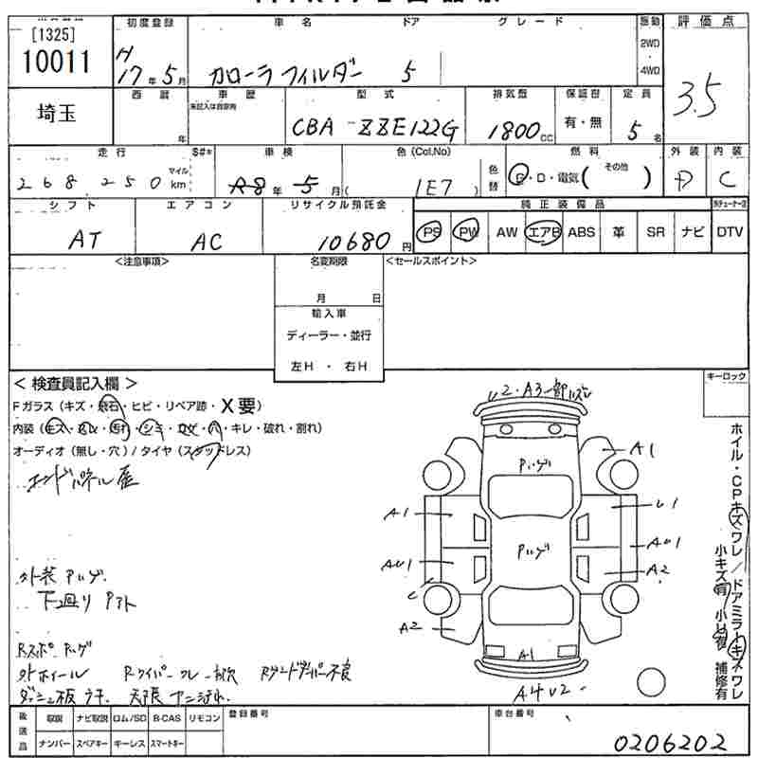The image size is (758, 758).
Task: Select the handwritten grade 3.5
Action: pyautogui.click(x=697, y=96)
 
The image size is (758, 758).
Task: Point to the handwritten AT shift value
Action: pyautogui.click(x=86, y=242)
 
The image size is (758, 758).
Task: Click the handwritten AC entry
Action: pyautogui.click(x=206, y=243)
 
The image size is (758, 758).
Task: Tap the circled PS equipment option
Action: pyautogui.click(x=432, y=232)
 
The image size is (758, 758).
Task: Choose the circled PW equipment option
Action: pyautogui.click(x=466, y=232)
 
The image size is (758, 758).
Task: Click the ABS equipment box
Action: pyautogui.click(x=581, y=232)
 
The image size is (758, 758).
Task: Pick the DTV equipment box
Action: pyautogui.click(x=730, y=232)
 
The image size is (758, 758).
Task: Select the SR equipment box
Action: pyautogui.click(x=655, y=232)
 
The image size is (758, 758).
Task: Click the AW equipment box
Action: pyautogui.click(x=507, y=232)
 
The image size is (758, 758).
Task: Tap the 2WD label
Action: pyautogui.click(x=650, y=44)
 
